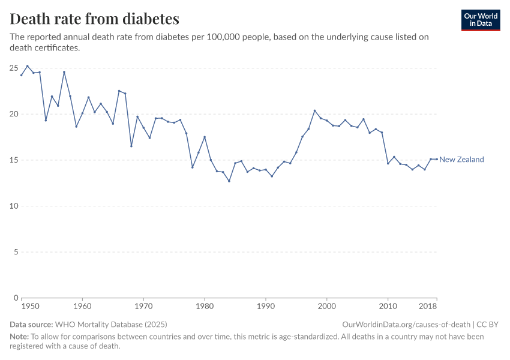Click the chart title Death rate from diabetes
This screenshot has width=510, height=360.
pyautogui.click(x=94, y=19)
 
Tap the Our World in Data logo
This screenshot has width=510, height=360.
pyautogui.click(x=480, y=20)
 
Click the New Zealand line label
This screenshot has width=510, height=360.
pyautogui.click(x=461, y=160)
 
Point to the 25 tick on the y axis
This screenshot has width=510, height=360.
pyautogui.click(x=13, y=68)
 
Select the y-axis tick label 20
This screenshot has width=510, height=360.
pyautogui.click(x=13, y=114)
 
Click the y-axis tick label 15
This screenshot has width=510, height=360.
pyautogui.click(x=13, y=160)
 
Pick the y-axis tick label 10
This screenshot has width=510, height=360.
pyautogui.click(x=13, y=206)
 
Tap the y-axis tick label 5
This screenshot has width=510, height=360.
pyautogui.click(x=15, y=252)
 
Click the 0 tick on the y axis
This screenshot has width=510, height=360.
pyautogui.click(x=15, y=298)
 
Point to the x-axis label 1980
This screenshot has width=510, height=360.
pyautogui.click(x=205, y=306)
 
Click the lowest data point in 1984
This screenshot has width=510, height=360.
pyautogui.click(x=229, y=181)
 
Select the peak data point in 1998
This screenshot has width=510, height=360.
pyautogui.click(x=314, y=110)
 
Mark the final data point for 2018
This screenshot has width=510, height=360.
pyautogui.click(x=437, y=159)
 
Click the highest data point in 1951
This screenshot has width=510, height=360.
pyautogui.click(x=27, y=66)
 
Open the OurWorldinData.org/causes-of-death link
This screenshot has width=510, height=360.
pyautogui.click(x=406, y=324)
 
